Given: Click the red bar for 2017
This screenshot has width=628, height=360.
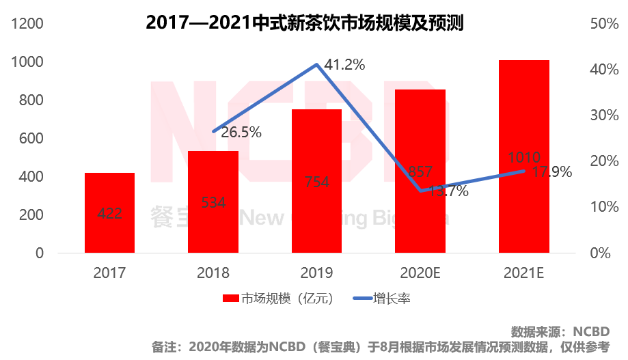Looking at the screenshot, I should tap(109, 212).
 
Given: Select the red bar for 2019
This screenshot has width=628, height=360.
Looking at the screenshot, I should tap(316, 181).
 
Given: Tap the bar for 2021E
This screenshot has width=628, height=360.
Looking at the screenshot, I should tap(524, 156).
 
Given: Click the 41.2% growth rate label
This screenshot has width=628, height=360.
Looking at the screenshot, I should tap(344, 66).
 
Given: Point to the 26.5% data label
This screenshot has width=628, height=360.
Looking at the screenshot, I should tap(241, 133).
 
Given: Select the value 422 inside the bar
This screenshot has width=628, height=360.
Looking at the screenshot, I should tap(109, 213).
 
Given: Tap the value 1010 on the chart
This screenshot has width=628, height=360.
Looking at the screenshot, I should tap(524, 157).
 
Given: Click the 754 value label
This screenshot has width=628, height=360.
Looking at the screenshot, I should tap(316, 182).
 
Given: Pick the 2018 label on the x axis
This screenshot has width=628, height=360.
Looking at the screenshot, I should tap(213, 273).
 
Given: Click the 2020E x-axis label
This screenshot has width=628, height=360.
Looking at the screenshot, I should tap(420, 273).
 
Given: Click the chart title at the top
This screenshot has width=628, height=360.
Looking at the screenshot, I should tap(305, 23).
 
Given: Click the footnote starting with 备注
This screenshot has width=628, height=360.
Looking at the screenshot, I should tap(381, 347).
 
